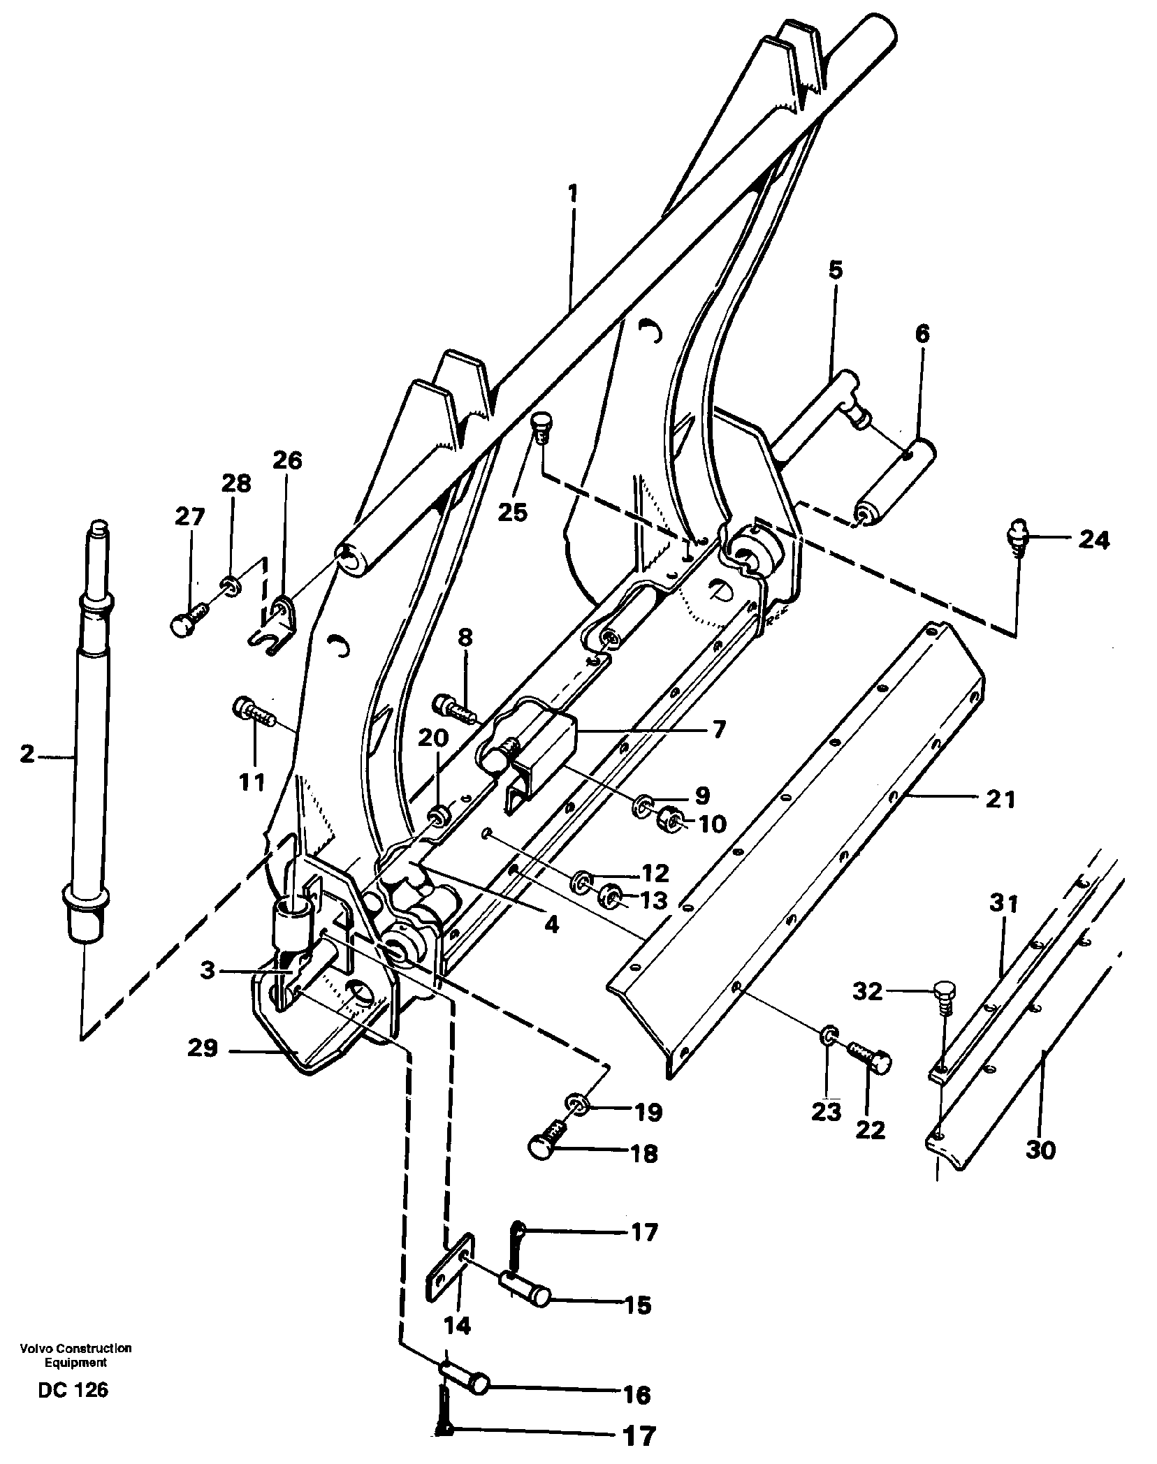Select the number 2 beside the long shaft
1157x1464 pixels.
point(27,754)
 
